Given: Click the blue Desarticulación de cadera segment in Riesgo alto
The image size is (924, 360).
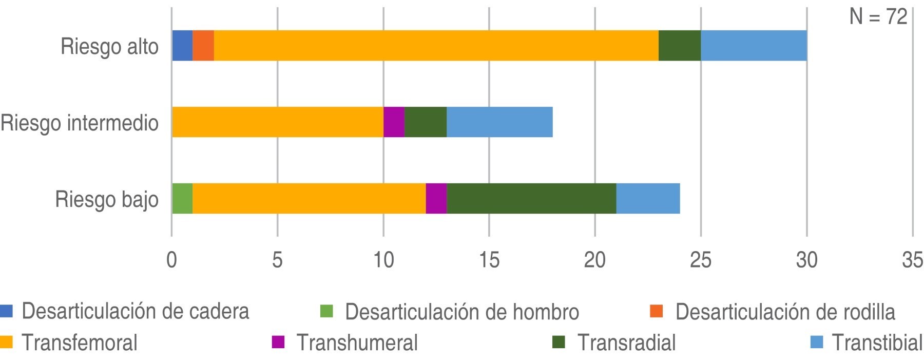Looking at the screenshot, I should click(182, 46).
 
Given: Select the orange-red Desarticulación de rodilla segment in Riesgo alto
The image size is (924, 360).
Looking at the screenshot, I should click(203, 46).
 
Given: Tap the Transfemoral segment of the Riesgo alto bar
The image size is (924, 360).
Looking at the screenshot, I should click(436, 46).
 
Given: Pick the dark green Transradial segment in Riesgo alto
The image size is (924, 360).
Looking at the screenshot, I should click(680, 46).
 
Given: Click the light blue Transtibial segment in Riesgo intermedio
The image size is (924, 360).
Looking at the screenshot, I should click(499, 122).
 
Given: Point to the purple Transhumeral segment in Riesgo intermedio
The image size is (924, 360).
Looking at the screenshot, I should click(394, 122).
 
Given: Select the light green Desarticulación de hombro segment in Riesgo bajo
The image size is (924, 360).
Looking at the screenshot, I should click(182, 198).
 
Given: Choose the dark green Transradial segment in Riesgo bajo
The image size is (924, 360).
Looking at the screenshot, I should click(531, 198).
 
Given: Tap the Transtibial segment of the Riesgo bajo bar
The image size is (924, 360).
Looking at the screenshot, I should click(648, 198).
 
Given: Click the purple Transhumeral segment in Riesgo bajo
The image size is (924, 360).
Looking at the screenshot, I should click(436, 198).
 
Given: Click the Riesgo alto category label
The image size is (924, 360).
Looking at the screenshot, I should click(109, 47).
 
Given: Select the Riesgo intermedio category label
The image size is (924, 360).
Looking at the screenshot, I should click(80, 123).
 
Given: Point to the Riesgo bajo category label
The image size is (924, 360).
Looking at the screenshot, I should click(107, 199).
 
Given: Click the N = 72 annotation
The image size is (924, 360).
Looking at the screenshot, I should click(878, 17).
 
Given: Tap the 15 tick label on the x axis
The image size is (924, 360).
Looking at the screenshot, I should click(489, 261).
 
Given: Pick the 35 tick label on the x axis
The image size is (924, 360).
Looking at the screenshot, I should click(912, 261).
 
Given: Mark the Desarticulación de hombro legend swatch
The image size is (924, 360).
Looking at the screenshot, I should click(326, 311).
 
